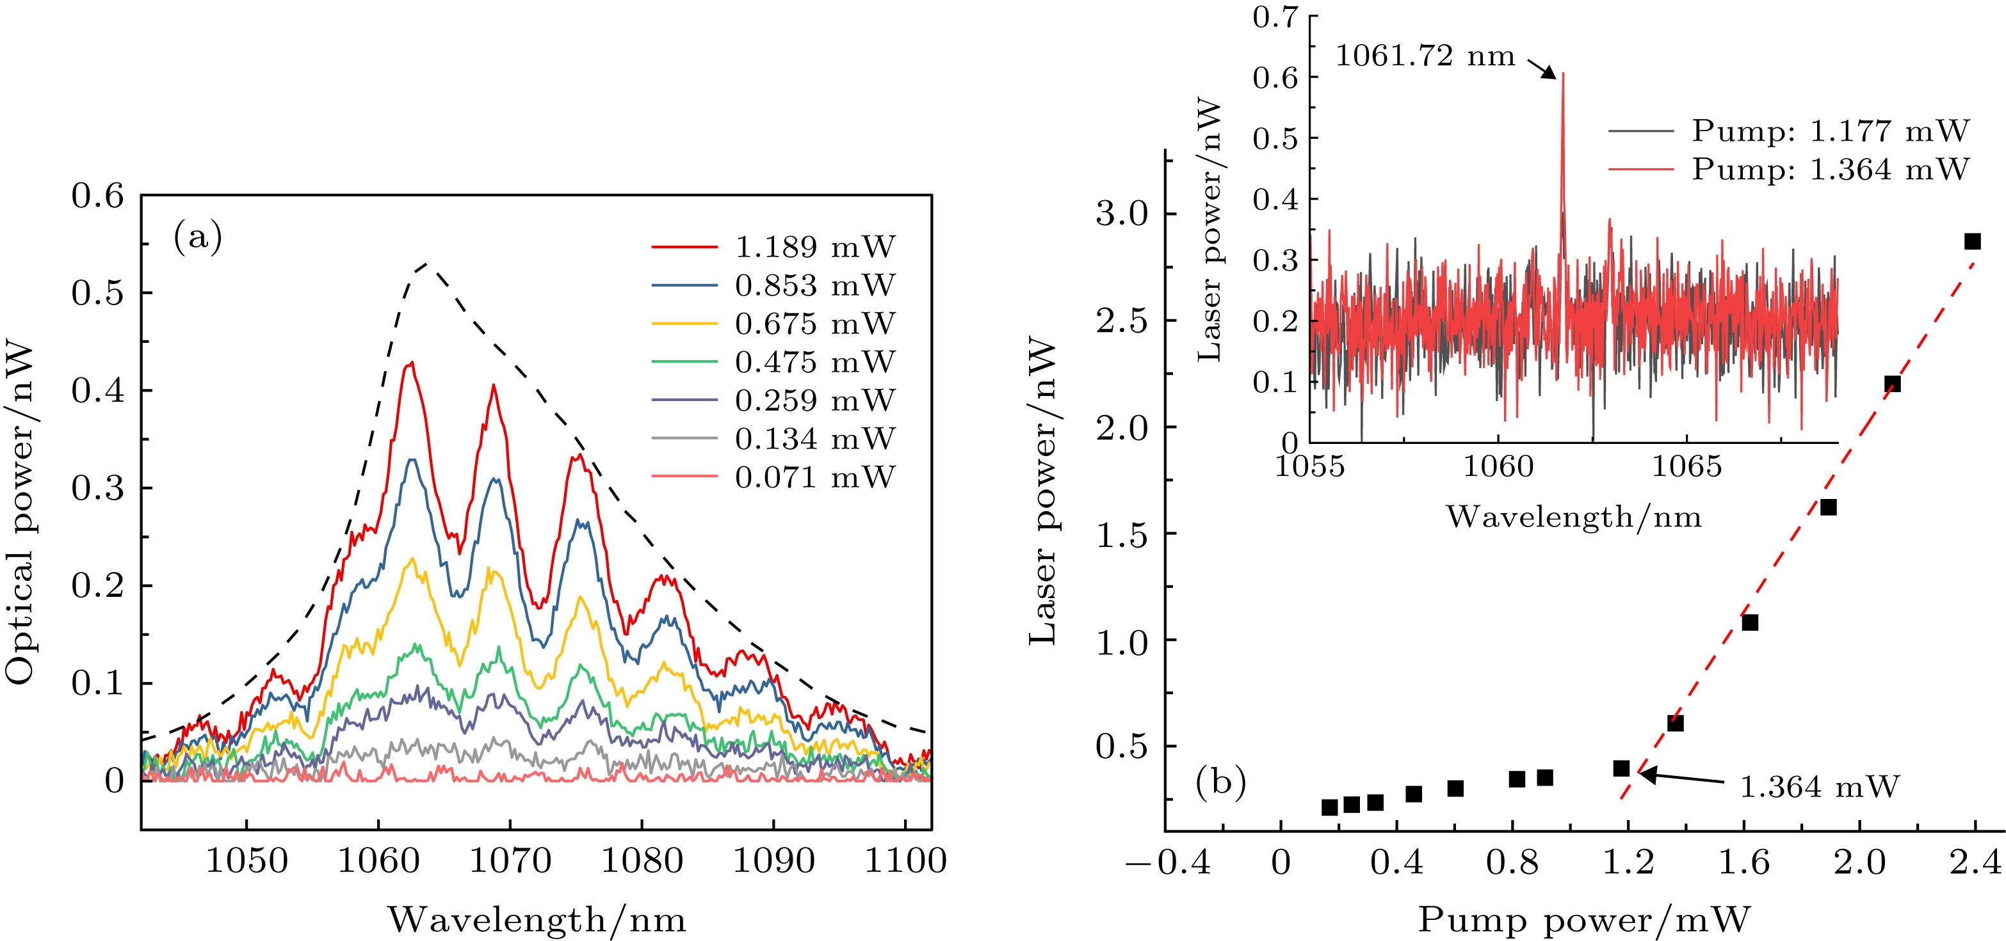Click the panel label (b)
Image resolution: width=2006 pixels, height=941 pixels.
(1220, 782)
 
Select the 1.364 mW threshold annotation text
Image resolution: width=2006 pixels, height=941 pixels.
(1819, 787)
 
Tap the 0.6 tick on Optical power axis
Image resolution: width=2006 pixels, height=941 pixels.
(97, 196)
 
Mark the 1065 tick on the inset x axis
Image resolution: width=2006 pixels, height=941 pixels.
(1686, 468)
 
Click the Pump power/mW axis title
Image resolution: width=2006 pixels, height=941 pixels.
(1584, 920)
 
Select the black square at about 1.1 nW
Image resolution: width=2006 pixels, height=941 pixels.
(1750, 622)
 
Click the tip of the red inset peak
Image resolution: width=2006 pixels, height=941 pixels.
(1563, 74)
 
